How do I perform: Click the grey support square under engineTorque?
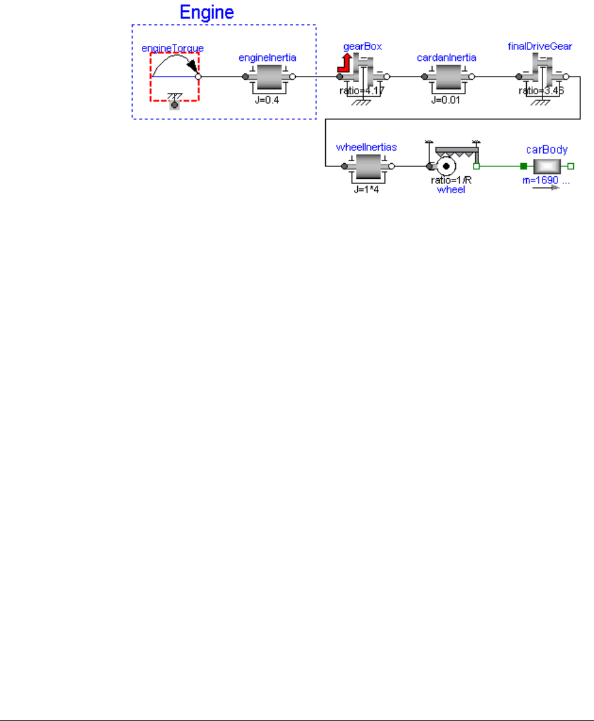pyautogui.click(x=175, y=104)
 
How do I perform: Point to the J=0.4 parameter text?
pyautogui.click(x=268, y=100)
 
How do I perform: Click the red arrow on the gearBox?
pyautogui.click(x=344, y=63)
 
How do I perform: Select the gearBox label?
pyautogui.click(x=362, y=47)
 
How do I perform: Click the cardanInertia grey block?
pyautogui.click(x=446, y=77)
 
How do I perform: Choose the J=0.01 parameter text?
pyautogui.click(x=447, y=100)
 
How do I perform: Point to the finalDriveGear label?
pyautogui.click(x=540, y=47)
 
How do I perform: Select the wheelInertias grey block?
pyautogui.click(x=367, y=167)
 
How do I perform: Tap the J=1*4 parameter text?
pyautogui.click(x=367, y=189)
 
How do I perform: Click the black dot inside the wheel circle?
pyautogui.click(x=446, y=167)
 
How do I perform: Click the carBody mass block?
pyautogui.click(x=547, y=166)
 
